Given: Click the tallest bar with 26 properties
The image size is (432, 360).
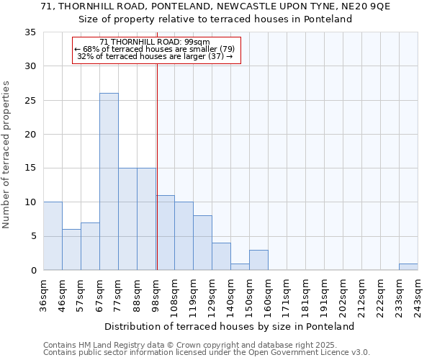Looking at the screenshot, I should coord(109,181).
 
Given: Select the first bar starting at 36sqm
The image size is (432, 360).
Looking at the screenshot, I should coord(53,236).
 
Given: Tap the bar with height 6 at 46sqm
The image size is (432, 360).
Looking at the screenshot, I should coord(71,250).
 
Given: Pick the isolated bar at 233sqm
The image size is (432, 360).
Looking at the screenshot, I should coord(408,266).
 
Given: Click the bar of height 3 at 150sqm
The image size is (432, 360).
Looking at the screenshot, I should coord(258,260).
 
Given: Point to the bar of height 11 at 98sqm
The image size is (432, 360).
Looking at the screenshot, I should coord(165,233).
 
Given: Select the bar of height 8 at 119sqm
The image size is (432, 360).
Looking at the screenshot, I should coord(202,243).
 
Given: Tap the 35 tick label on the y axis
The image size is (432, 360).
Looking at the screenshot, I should coord(30,32).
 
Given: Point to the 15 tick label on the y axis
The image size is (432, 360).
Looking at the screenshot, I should coord(30,168).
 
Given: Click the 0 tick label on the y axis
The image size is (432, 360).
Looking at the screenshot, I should coord(32,271).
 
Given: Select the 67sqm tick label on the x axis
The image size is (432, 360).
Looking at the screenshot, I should coord(99,293).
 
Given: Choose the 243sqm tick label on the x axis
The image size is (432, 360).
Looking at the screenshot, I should coord(418,293).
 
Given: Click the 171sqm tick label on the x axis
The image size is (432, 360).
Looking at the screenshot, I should coord(287,293).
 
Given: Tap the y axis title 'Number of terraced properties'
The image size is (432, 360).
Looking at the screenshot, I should coord(7,155).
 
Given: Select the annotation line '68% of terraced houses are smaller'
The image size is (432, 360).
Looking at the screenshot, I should coord(156,49).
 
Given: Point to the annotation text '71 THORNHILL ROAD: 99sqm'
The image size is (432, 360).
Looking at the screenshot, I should coord(155,42).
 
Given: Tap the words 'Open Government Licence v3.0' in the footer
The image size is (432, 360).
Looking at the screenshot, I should coord(306,352).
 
